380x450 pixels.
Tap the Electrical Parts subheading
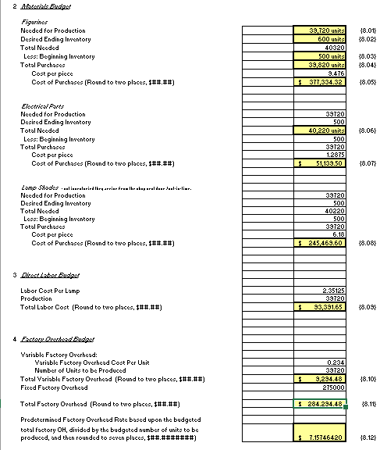[x=41, y=103]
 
